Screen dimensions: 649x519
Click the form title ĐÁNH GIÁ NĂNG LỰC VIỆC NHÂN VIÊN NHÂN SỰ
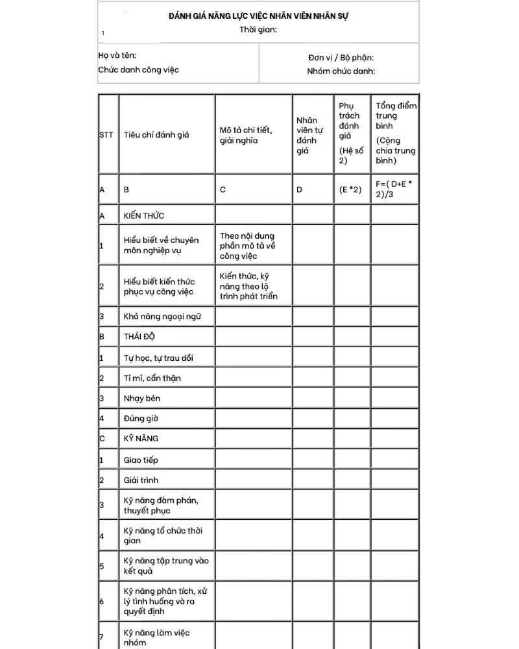pyautogui.click(x=258, y=15)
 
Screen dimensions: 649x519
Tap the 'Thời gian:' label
pyautogui.click(x=258, y=29)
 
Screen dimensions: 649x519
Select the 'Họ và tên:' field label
pyautogui.click(x=117, y=56)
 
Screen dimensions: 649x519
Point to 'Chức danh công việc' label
pyautogui.click(x=139, y=70)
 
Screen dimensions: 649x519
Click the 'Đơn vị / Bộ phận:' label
pyautogui.click(x=341, y=58)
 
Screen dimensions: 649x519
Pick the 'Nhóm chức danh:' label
pyautogui.click(x=341, y=71)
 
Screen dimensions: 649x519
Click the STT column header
pyautogui.click(x=106, y=136)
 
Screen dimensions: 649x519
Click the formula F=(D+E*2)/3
pyautogui.click(x=394, y=189)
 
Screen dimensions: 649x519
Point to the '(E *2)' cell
pyautogui.click(x=350, y=190)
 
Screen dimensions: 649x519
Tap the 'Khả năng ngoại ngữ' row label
pyautogui.click(x=162, y=317)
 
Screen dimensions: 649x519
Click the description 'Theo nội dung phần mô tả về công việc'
pyautogui.click(x=248, y=246)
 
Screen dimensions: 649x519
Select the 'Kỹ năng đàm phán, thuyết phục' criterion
pyautogui.click(x=161, y=505)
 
